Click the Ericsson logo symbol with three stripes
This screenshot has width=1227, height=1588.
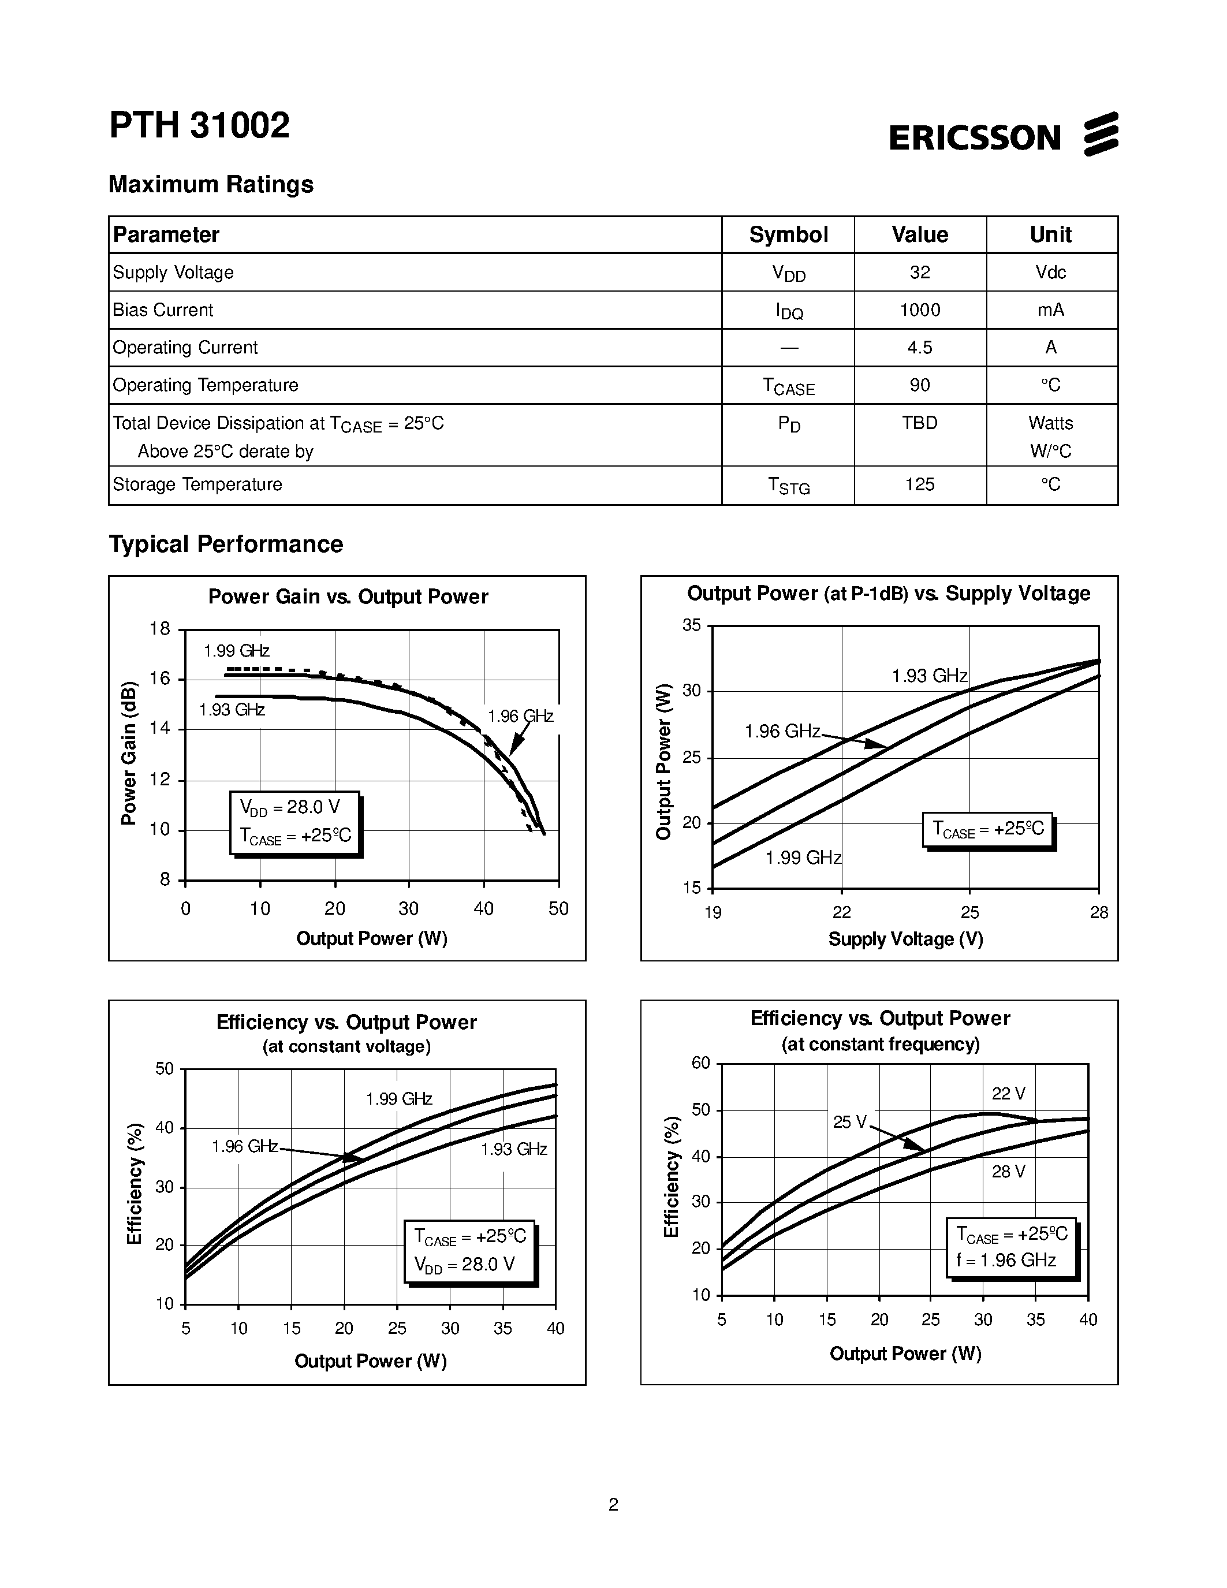click(x=1101, y=134)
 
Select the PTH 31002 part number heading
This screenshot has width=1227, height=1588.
click(x=199, y=125)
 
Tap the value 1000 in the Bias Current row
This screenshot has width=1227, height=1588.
click(x=919, y=311)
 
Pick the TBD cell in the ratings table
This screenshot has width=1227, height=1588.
click(x=919, y=423)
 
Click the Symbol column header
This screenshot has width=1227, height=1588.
click(x=788, y=235)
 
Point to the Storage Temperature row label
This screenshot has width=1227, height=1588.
click(x=197, y=485)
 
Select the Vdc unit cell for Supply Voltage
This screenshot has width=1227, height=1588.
click(x=1050, y=273)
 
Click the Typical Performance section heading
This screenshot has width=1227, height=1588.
click(x=225, y=544)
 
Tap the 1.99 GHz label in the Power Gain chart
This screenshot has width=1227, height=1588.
click(x=236, y=651)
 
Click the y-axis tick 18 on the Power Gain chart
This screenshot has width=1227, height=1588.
click(x=160, y=629)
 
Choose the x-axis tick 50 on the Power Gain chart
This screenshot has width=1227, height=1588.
click(x=558, y=909)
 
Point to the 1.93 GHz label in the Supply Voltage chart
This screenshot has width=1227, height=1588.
click(x=929, y=676)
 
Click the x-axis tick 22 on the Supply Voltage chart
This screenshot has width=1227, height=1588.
click(x=841, y=912)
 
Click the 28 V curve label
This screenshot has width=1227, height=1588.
click(x=1008, y=1172)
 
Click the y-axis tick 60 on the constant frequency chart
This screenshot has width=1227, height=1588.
click(x=701, y=1063)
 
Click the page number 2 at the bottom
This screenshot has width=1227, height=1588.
click(x=613, y=1504)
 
